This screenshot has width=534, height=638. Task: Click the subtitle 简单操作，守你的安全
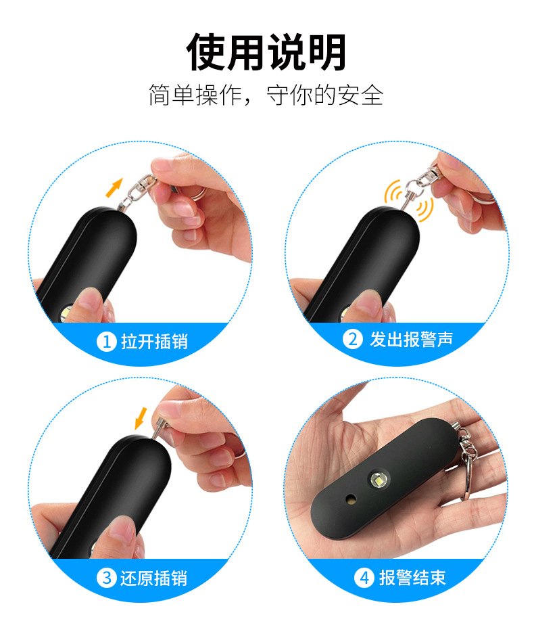(266, 95)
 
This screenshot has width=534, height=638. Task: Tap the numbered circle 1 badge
(107, 342)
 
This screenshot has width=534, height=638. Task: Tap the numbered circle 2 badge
(353, 339)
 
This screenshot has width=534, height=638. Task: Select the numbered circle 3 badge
(107, 578)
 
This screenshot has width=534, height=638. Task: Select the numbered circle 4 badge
(364, 578)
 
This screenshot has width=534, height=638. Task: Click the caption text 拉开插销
(154, 342)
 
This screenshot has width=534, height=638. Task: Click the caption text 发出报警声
(411, 339)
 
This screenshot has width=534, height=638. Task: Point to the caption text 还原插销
(154, 578)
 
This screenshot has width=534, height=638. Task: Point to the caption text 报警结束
(412, 578)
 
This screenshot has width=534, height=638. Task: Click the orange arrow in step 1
(115, 187)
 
